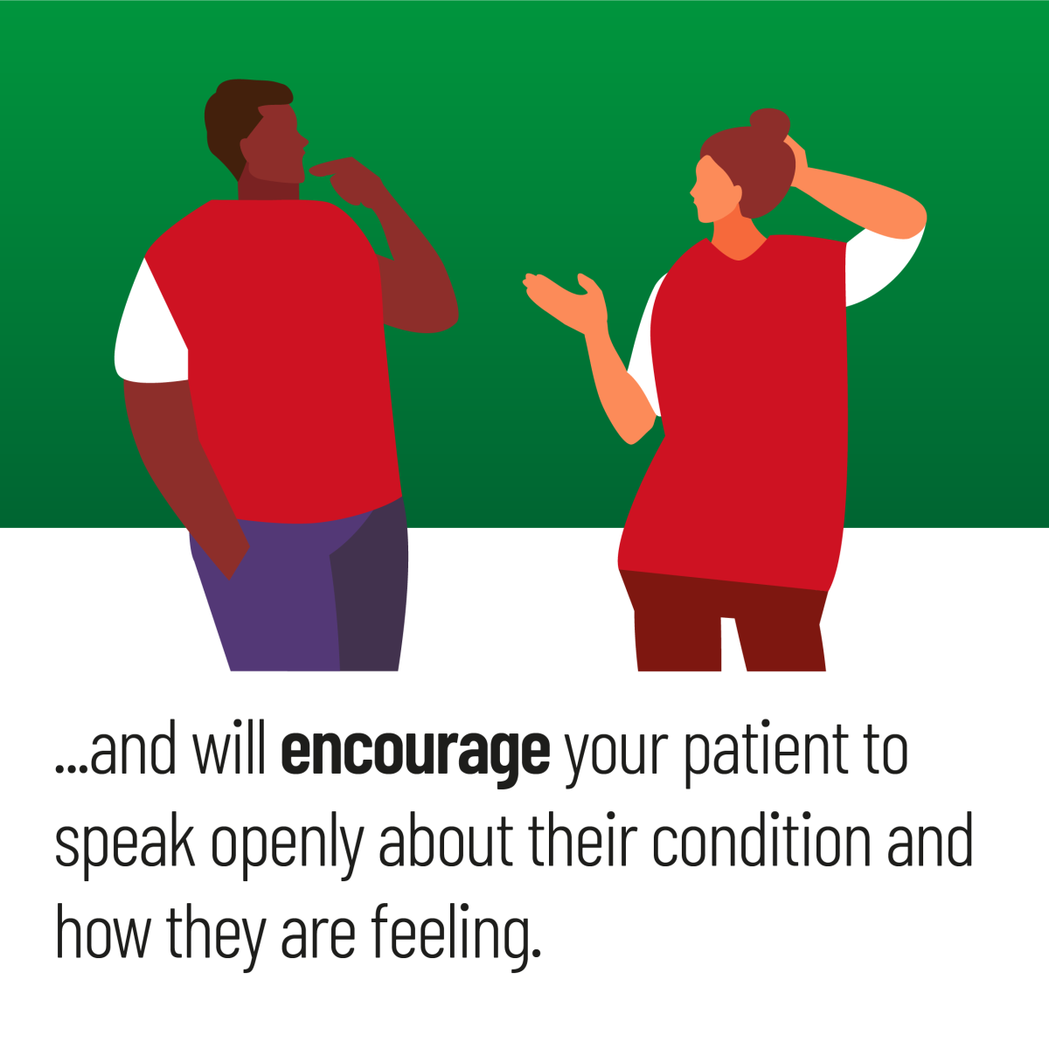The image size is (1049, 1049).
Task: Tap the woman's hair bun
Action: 769,123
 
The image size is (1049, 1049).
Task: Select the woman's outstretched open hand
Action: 566,301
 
